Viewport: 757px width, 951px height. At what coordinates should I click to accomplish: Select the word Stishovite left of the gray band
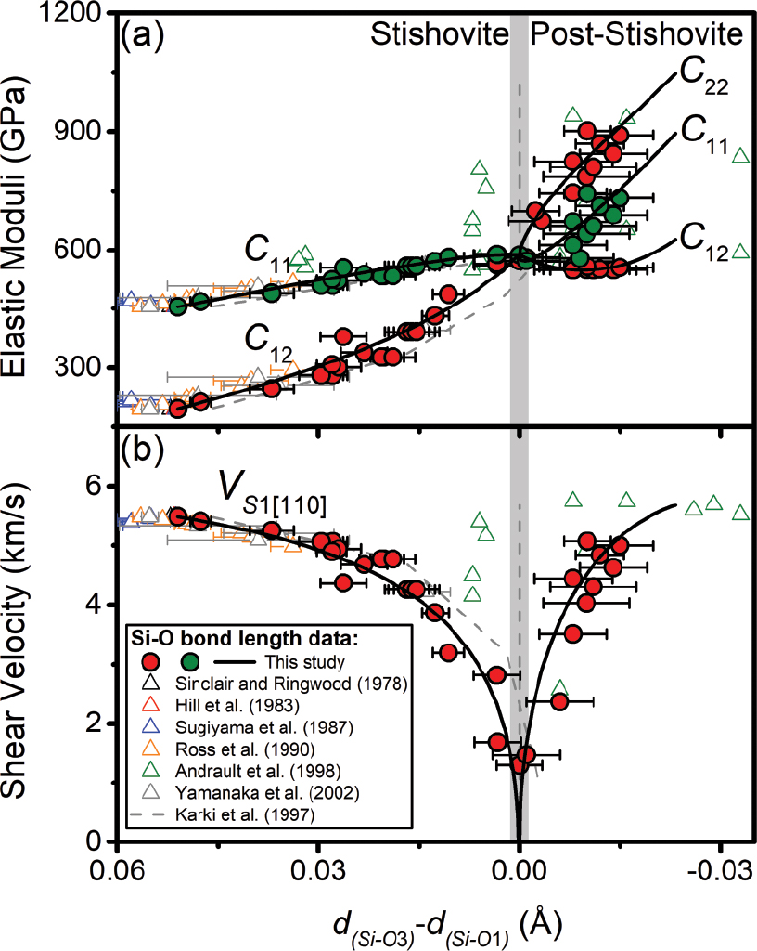pos(439,34)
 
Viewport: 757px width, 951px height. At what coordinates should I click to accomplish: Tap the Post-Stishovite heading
pos(636,34)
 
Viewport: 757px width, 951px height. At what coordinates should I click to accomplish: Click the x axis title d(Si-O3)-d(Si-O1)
pos(444,924)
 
